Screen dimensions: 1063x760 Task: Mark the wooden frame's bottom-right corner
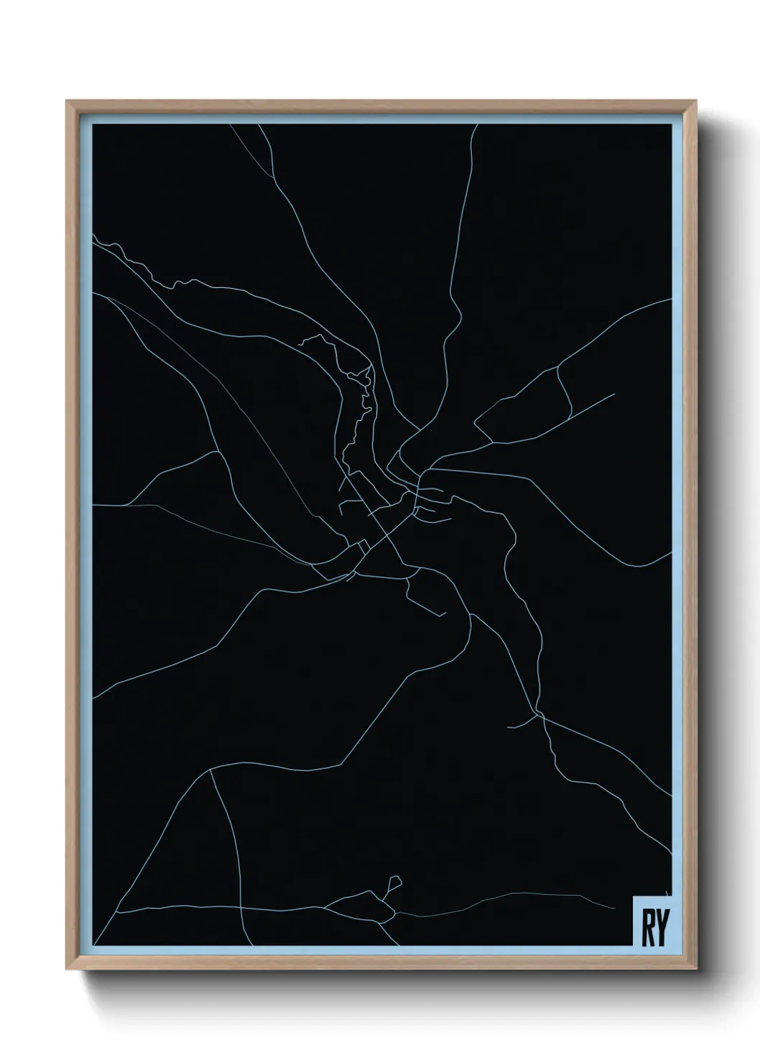point(694,967)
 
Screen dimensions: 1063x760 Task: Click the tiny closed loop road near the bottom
point(394,882)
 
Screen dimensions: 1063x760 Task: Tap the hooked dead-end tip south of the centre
point(445,613)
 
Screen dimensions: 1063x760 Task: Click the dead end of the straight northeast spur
point(614,394)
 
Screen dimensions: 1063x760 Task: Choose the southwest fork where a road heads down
point(210,773)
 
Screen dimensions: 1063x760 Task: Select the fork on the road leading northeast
point(558,368)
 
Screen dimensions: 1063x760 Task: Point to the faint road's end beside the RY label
point(667,893)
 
